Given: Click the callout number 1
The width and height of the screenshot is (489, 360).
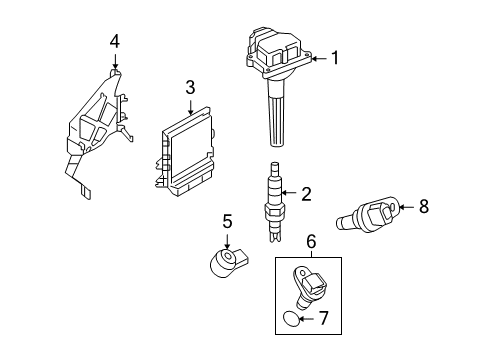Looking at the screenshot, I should pyautogui.click(x=335, y=58).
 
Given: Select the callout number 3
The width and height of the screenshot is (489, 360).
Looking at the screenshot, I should pyautogui.click(x=188, y=88).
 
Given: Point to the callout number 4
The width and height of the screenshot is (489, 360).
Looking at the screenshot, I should pyautogui.click(x=115, y=41).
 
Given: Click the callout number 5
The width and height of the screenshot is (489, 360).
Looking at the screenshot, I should pyautogui.click(x=227, y=220).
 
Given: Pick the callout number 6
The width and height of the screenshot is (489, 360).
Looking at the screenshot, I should pyautogui.click(x=310, y=241).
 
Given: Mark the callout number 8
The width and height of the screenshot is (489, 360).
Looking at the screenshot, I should pyautogui.click(x=423, y=207).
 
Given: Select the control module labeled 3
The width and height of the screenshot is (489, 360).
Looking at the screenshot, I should pyautogui.click(x=187, y=151).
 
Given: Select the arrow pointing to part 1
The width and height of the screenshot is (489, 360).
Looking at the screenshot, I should pyautogui.click(x=319, y=59).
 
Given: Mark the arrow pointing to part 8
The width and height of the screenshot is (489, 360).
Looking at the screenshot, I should pyautogui.click(x=406, y=207).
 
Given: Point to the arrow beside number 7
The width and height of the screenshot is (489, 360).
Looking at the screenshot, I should pyautogui.click(x=306, y=319).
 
